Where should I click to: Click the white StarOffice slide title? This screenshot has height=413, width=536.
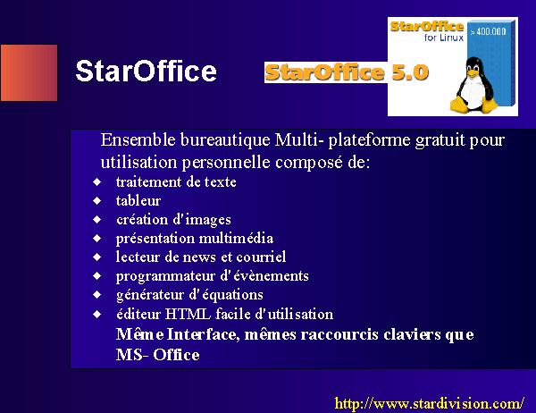point(146,71)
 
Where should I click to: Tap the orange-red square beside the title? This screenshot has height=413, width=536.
point(29,72)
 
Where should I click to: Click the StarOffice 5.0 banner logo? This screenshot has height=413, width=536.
point(347,72)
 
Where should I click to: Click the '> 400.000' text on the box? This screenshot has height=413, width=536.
point(488,32)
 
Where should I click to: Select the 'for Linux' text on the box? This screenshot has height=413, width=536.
point(444,38)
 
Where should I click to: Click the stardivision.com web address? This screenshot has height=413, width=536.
point(430,403)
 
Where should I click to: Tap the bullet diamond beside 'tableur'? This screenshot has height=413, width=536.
point(97,200)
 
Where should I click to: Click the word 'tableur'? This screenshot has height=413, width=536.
point(138,200)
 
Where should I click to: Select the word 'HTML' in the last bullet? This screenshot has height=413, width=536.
point(188,314)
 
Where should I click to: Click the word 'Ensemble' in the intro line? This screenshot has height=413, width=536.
point(138,139)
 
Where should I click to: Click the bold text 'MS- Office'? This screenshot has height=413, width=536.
point(157,355)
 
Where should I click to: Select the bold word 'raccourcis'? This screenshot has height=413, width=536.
point(339,334)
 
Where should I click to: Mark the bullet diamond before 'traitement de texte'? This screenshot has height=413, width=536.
point(97,181)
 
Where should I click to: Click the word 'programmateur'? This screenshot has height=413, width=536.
point(165,276)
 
